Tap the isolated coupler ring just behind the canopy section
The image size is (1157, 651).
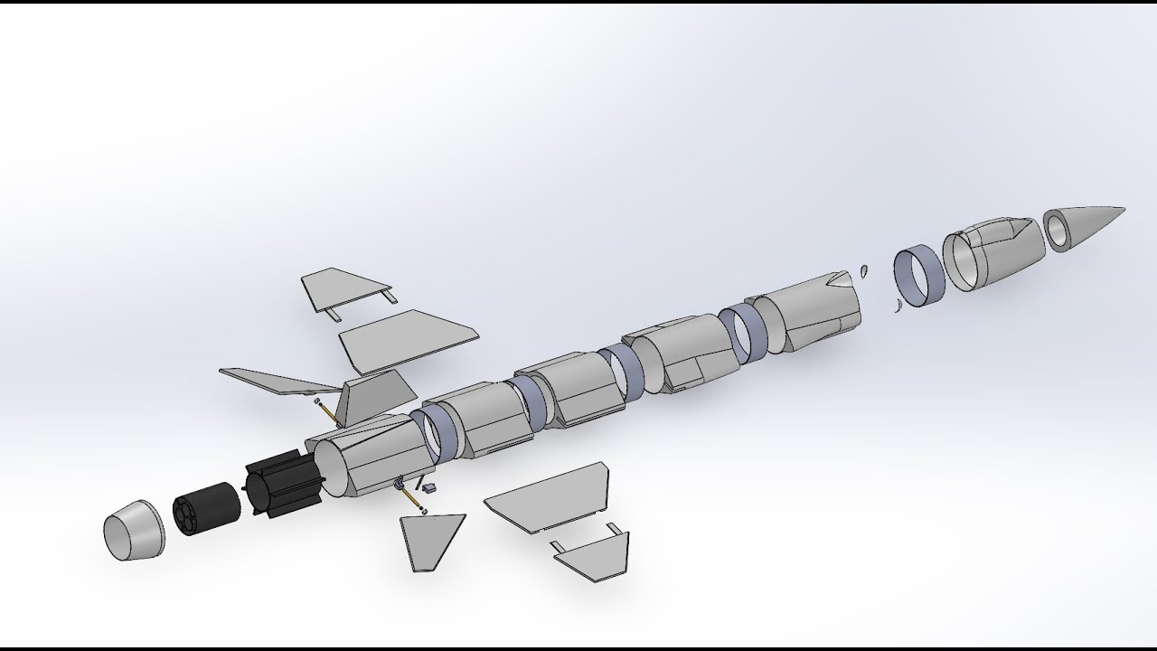[919, 276]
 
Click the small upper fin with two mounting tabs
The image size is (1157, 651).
[343, 289]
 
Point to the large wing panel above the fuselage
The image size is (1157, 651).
[409, 339]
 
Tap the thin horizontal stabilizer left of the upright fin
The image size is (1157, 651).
[276, 382]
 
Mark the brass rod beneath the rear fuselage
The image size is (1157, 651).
[411, 498]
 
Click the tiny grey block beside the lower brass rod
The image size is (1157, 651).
[429, 487]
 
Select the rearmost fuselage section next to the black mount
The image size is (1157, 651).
[371, 457]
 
